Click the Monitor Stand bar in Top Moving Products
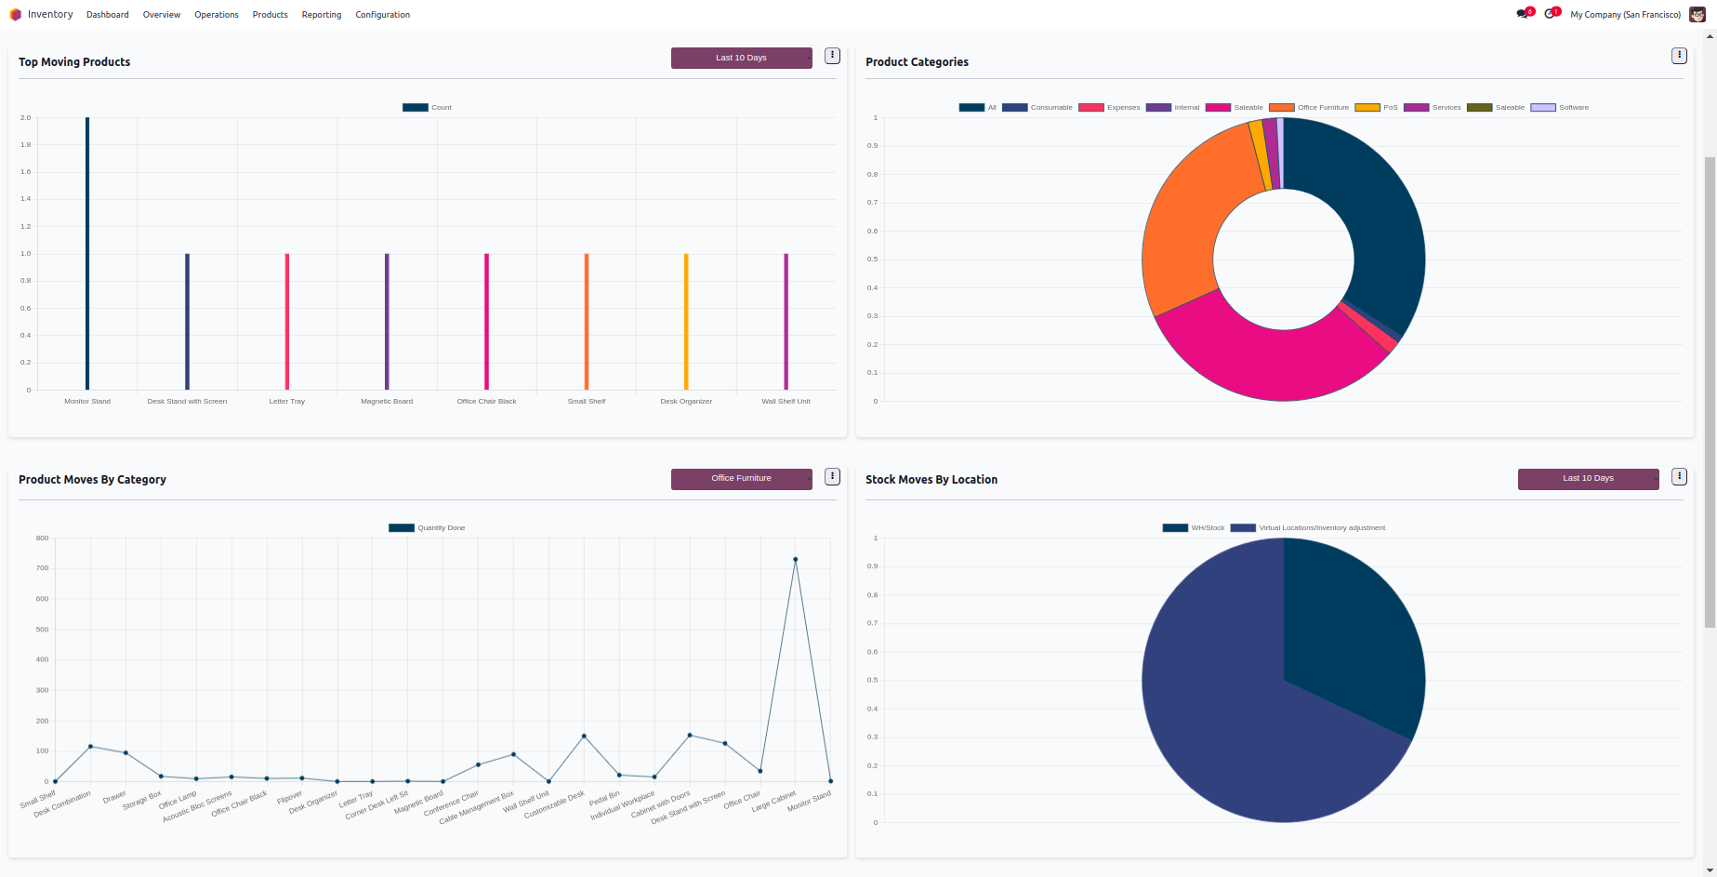click(x=87, y=253)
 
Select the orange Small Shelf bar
click(x=587, y=321)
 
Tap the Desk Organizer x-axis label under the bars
click(x=686, y=402)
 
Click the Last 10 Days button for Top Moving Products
click(x=741, y=58)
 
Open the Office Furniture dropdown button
click(x=741, y=478)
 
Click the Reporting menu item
click(x=322, y=15)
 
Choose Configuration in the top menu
click(x=382, y=15)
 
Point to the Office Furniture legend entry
click(x=1310, y=108)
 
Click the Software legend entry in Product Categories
click(x=1561, y=108)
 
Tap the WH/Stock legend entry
click(x=1194, y=528)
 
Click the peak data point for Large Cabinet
click(x=795, y=559)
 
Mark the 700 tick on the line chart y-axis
click(x=43, y=568)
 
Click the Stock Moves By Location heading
click(x=931, y=480)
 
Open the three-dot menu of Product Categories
click(x=1679, y=56)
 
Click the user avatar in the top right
click(x=1697, y=14)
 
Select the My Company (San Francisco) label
click(x=1625, y=15)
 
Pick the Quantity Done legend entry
click(x=428, y=528)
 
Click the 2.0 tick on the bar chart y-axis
click(x=26, y=118)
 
